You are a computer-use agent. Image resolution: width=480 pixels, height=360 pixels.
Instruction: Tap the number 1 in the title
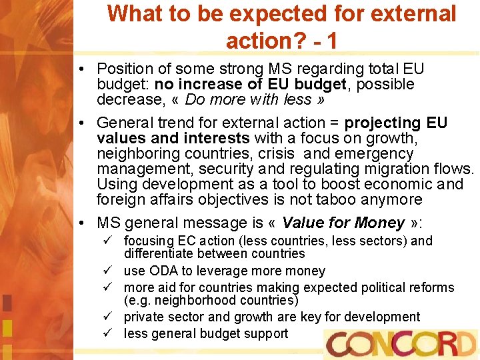point(330,41)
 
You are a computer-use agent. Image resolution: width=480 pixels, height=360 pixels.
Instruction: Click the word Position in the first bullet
point(125,69)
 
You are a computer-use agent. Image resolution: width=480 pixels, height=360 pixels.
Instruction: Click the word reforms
point(429,288)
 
